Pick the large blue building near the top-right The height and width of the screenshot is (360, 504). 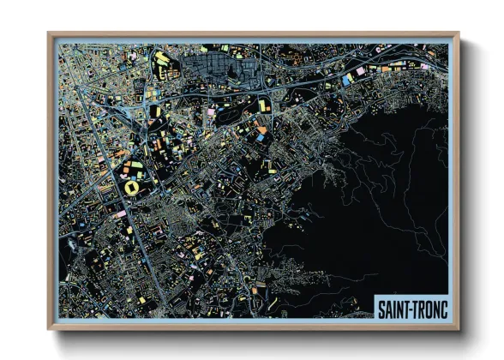coord(347,79)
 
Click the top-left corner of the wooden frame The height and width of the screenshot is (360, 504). coord(49,34)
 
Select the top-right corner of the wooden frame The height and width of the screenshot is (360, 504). coord(459,34)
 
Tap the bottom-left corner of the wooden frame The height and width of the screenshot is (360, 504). coord(49,329)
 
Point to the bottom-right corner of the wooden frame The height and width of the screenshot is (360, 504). coord(459,329)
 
